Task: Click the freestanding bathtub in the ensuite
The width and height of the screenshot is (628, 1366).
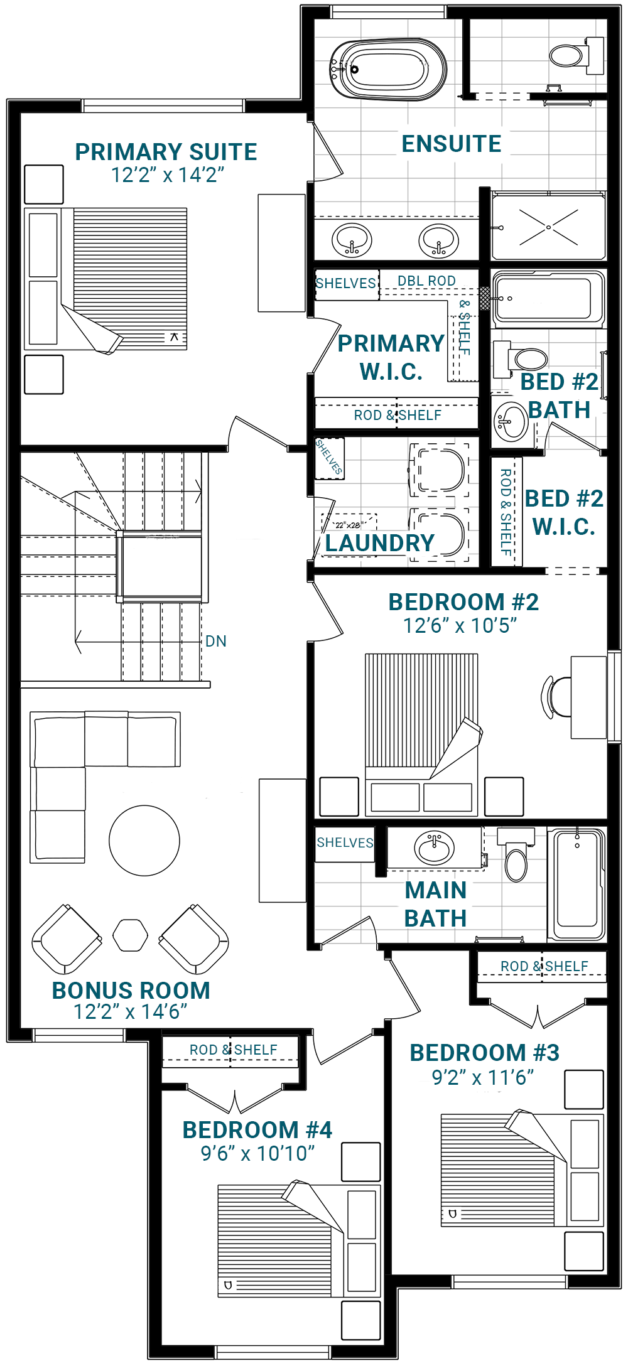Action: pyautogui.click(x=387, y=70)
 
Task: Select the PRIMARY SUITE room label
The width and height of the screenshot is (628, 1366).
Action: pyautogui.click(x=166, y=152)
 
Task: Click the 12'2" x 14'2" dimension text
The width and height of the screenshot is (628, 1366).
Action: pyautogui.click(x=168, y=175)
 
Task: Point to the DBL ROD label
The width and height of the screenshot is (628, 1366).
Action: pyautogui.click(x=426, y=281)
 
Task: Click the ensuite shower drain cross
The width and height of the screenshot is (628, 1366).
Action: pyautogui.click(x=548, y=227)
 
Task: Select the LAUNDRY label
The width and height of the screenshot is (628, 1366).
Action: pyautogui.click(x=379, y=543)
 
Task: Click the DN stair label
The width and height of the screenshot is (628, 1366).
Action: pyautogui.click(x=216, y=641)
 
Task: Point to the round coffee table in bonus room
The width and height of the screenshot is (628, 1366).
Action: pyautogui.click(x=144, y=841)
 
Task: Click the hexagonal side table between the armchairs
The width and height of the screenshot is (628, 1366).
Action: pyautogui.click(x=131, y=935)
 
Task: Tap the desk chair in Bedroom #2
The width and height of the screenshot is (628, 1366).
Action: pyautogui.click(x=555, y=696)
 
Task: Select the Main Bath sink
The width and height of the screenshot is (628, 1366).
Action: pyautogui.click(x=434, y=848)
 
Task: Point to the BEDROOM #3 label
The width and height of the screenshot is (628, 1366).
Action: pyautogui.click(x=484, y=1053)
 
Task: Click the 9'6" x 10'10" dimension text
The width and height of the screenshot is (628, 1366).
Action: pyautogui.click(x=257, y=1153)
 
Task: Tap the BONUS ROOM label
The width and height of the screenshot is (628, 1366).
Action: pyautogui.click(x=131, y=991)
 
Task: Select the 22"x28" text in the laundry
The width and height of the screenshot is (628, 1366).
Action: pyautogui.click(x=348, y=525)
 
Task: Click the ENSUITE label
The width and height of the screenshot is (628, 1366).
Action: pyautogui.click(x=452, y=144)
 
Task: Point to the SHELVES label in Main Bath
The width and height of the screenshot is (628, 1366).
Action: pyautogui.click(x=345, y=842)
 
